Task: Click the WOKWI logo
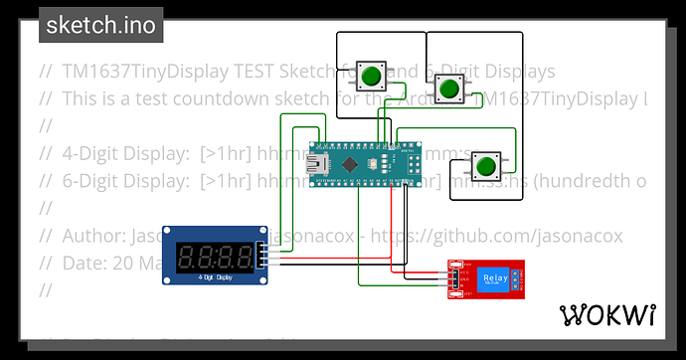click(x=608, y=315)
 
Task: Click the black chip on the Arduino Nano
click(x=351, y=162)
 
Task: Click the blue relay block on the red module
click(x=493, y=279)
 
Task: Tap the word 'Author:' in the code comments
click(x=92, y=237)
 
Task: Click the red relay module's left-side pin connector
click(x=453, y=278)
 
